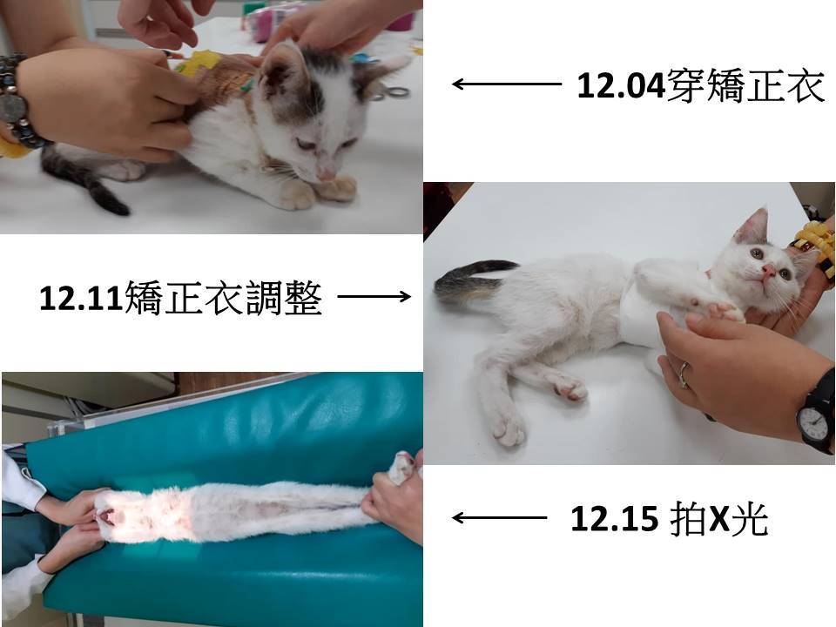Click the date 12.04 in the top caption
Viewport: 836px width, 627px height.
pos(621,86)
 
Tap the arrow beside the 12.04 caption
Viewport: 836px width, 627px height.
pos(507,84)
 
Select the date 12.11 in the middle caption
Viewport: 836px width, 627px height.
pos(82,298)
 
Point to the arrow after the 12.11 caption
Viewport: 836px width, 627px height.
pos(374,296)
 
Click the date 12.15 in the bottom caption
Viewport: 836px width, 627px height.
pos(614,519)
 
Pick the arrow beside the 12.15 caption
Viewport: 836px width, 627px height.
pos(499,517)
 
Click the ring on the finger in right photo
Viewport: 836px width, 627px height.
pos(684,374)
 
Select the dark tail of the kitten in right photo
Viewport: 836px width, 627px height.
pos(472,280)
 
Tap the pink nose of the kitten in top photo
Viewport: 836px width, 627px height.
pos(327,174)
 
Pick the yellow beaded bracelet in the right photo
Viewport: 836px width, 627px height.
pos(816,248)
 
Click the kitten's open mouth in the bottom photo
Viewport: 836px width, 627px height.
pos(107,516)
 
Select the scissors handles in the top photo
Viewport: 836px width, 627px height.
pos(393,94)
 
